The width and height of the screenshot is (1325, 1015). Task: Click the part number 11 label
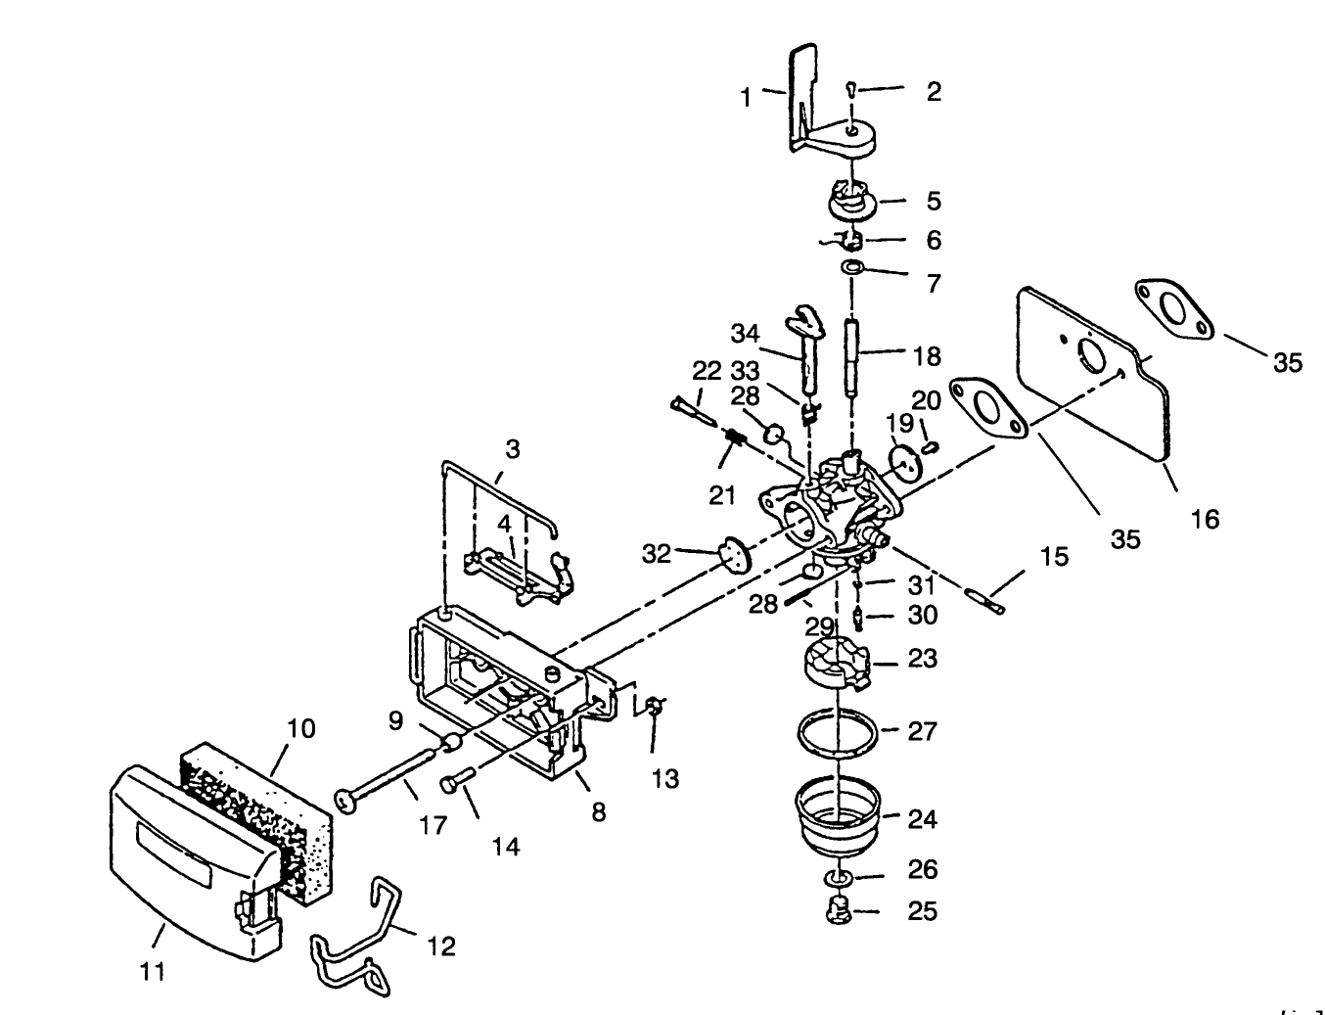[x=152, y=972]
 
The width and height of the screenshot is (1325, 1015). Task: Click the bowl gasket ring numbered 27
[x=838, y=733]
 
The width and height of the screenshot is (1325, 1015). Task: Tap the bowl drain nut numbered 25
[x=839, y=910]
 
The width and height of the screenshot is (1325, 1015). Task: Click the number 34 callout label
[x=745, y=334]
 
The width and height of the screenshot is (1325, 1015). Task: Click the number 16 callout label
[x=1206, y=519]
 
